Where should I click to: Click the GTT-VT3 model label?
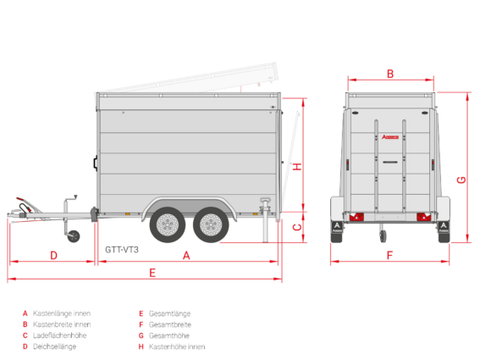(122, 250)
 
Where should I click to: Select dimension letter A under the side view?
(186, 256)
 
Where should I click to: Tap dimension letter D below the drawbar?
(53, 256)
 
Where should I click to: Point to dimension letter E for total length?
(152, 273)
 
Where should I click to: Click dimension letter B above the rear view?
(390, 74)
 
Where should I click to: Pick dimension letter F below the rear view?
(389, 255)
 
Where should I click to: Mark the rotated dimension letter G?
(461, 180)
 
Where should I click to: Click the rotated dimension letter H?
(297, 167)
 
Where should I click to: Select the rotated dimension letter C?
(297, 227)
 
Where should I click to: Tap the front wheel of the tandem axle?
(167, 224)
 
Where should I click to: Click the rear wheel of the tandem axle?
(211, 224)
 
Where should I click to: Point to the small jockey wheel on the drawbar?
(74, 236)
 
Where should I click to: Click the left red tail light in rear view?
(356, 217)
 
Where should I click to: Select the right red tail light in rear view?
(423, 217)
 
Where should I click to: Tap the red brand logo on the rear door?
(390, 137)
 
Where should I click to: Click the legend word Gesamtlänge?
(169, 313)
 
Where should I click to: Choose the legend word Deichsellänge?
(54, 346)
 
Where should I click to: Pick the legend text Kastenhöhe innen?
(177, 346)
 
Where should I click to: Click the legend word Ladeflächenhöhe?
(60, 335)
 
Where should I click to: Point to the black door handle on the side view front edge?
(96, 163)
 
